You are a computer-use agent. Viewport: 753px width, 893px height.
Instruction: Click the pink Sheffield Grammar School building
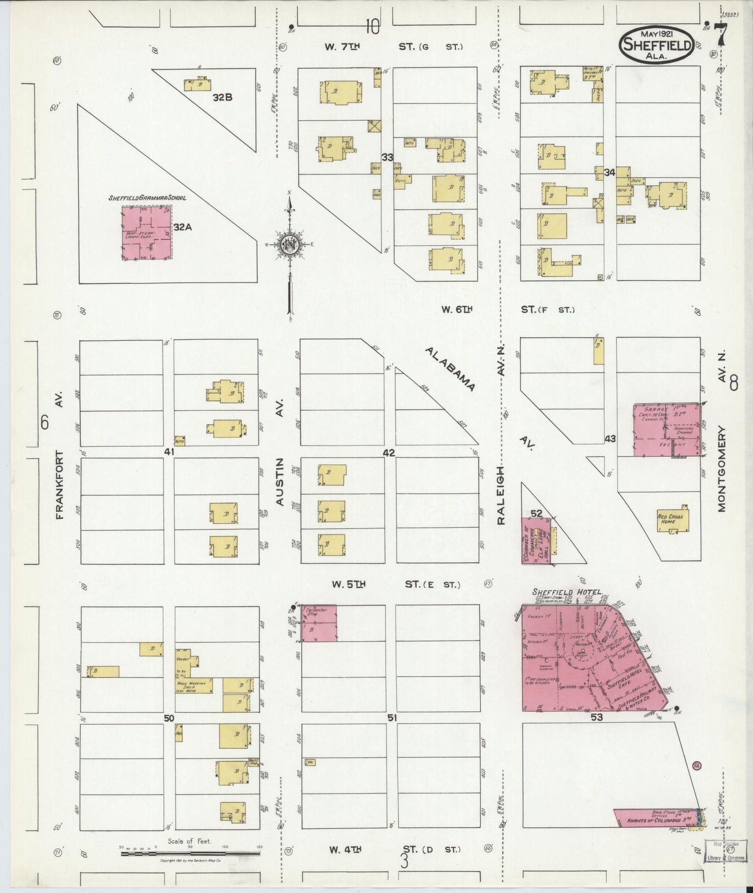coord(146,232)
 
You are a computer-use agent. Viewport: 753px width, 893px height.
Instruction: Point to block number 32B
coord(223,96)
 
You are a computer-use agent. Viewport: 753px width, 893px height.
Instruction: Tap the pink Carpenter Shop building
coord(319,623)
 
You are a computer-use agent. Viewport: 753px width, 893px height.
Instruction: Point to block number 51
coord(392,718)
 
